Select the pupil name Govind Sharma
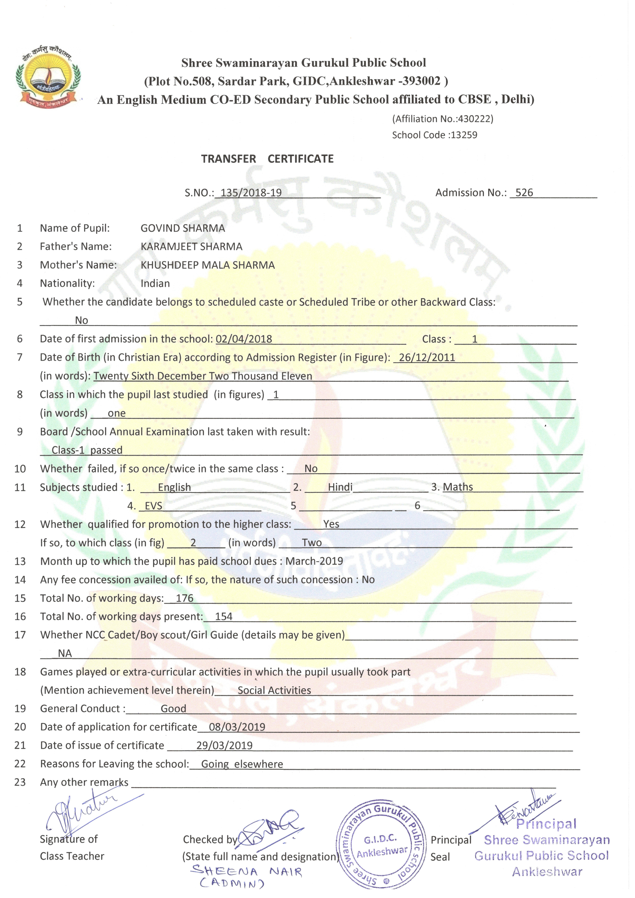coord(183,228)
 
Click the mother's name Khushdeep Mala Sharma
coord(208,265)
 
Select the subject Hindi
coord(340,487)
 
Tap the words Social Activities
coord(274,690)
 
